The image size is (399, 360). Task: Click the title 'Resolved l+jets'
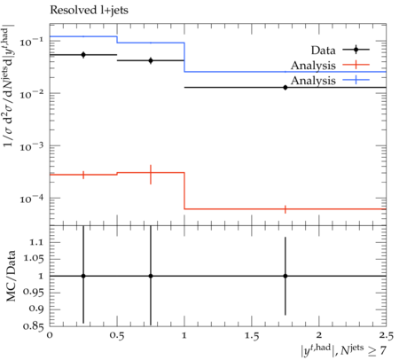point(89,11)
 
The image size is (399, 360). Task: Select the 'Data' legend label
point(323,51)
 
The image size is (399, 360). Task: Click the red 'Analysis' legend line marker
point(356,65)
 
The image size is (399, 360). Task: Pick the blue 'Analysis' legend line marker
point(356,80)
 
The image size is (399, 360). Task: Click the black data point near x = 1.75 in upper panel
point(286,88)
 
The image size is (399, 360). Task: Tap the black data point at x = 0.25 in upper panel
point(83,55)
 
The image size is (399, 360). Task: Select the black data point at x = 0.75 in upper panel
point(151,60)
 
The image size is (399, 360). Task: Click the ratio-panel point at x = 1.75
point(286,276)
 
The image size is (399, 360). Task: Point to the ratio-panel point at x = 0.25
point(83,276)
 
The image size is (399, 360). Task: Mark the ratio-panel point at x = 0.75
point(151,276)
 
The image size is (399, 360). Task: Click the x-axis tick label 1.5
point(252,336)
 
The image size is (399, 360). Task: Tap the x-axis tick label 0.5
point(117,336)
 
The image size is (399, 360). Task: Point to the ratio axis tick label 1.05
point(34,259)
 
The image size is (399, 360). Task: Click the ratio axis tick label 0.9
point(36,309)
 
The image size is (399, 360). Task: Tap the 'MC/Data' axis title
point(12,276)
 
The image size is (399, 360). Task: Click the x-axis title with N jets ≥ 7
point(343,350)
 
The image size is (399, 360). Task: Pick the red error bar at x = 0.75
point(151,175)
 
